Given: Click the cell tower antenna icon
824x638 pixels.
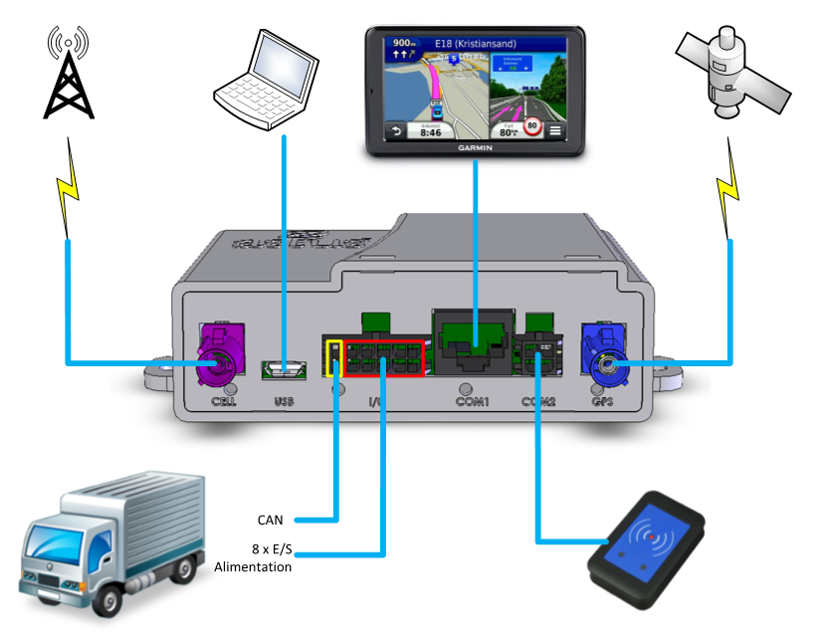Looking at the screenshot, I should pyautogui.click(x=68, y=75).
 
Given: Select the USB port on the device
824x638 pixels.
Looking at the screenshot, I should pyautogui.click(x=284, y=371).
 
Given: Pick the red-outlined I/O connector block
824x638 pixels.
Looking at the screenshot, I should pyautogui.click(x=383, y=359).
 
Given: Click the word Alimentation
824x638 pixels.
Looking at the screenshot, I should pyautogui.click(x=253, y=566).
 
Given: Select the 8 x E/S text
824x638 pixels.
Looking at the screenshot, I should pyautogui.click(x=266, y=548).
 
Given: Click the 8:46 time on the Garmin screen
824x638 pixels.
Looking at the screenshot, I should pyautogui.click(x=431, y=130).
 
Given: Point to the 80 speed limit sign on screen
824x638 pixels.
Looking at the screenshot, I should pyautogui.click(x=532, y=127).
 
